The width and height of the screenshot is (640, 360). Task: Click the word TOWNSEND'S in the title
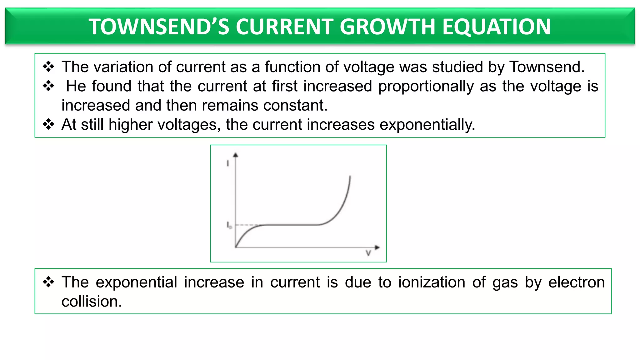159,27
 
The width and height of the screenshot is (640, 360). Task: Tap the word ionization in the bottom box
432,282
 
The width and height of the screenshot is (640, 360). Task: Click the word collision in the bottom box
91,302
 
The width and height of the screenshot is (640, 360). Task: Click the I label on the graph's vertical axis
228,163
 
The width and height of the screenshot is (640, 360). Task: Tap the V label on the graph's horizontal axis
368,253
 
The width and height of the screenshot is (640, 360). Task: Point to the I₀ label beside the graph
229,225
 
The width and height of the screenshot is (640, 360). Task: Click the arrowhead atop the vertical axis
236,155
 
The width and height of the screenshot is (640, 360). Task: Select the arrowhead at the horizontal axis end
377,247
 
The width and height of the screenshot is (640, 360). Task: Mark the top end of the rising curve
350,177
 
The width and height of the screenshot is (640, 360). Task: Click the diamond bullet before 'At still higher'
48,124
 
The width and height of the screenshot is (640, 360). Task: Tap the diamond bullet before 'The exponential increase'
48,282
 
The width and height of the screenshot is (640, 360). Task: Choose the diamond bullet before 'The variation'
48,67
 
